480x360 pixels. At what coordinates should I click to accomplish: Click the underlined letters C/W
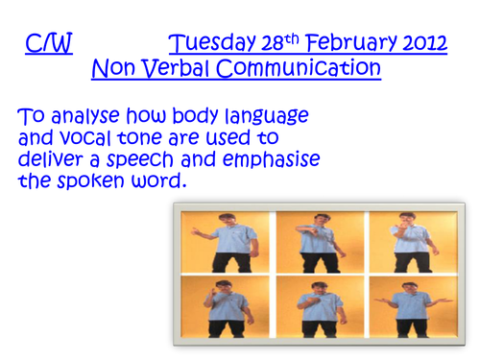click(49, 44)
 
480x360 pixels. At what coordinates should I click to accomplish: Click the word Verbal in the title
click(180, 70)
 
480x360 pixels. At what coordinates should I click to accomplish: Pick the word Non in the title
click(114, 70)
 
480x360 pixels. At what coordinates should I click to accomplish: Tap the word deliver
click(54, 159)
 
